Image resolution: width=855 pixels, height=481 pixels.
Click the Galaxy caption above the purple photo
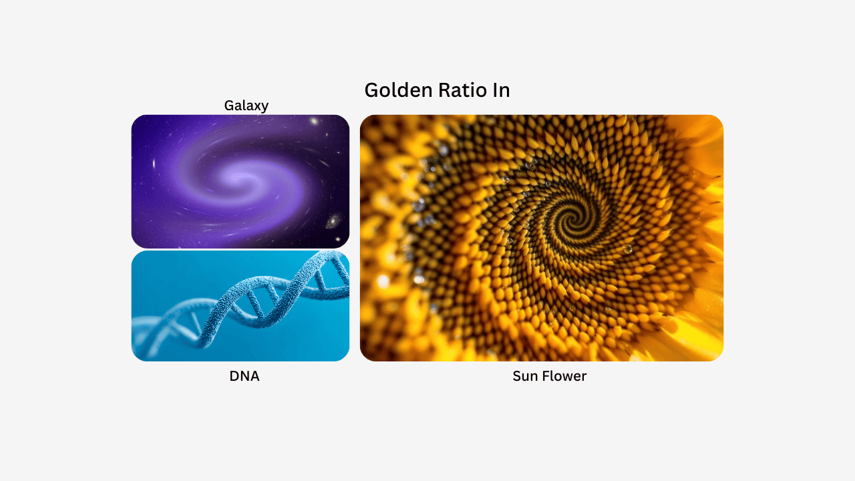pyautogui.click(x=246, y=106)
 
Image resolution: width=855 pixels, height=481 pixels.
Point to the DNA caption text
pyautogui.click(x=244, y=376)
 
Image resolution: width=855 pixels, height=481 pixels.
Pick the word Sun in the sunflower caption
pyautogui.click(x=525, y=376)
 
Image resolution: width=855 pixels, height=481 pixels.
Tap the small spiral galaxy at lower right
pyautogui.click(x=332, y=221)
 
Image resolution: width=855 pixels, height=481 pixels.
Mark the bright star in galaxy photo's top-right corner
pyautogui.click(x=313, y=122)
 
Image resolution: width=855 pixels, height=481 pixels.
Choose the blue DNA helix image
pyautogui.click(x=240, y=306)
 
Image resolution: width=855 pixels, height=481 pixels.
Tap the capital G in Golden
pyautogui.click(x=371, y=90)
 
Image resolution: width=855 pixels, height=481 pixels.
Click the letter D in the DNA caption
pyautogui.click(x=234, y=376)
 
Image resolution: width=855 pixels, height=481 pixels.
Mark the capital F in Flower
pyautogui.click(x=544, y=376)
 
